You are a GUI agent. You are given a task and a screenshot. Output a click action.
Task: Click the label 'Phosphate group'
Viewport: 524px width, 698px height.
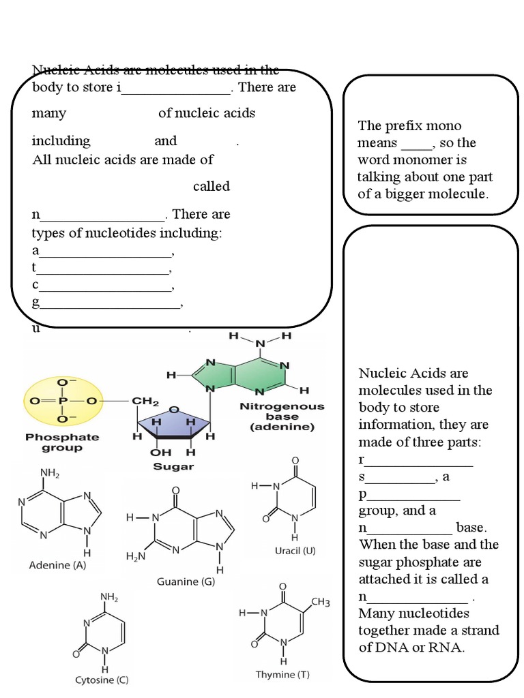pyautogui.click(x=62, y=442)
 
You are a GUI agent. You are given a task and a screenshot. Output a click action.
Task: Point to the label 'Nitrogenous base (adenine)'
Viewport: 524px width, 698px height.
pyautogui.click(x=282, y=416)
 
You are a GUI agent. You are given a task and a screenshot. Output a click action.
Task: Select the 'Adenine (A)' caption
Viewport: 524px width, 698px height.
pyautogui.click(x=57, y=565)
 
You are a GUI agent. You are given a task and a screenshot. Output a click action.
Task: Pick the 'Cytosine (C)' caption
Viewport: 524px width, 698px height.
pyautogui.click(x=101, y=680)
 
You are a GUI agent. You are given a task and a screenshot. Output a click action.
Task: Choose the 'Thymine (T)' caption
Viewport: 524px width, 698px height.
pyautogui.click(x=282, y=674)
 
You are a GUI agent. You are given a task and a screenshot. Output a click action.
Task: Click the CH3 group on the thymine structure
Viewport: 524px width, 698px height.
pyautogui.click(x=321, y=602)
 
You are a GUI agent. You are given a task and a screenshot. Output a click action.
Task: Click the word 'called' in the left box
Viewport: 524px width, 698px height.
pyautogui.click(x=211, y=187)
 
